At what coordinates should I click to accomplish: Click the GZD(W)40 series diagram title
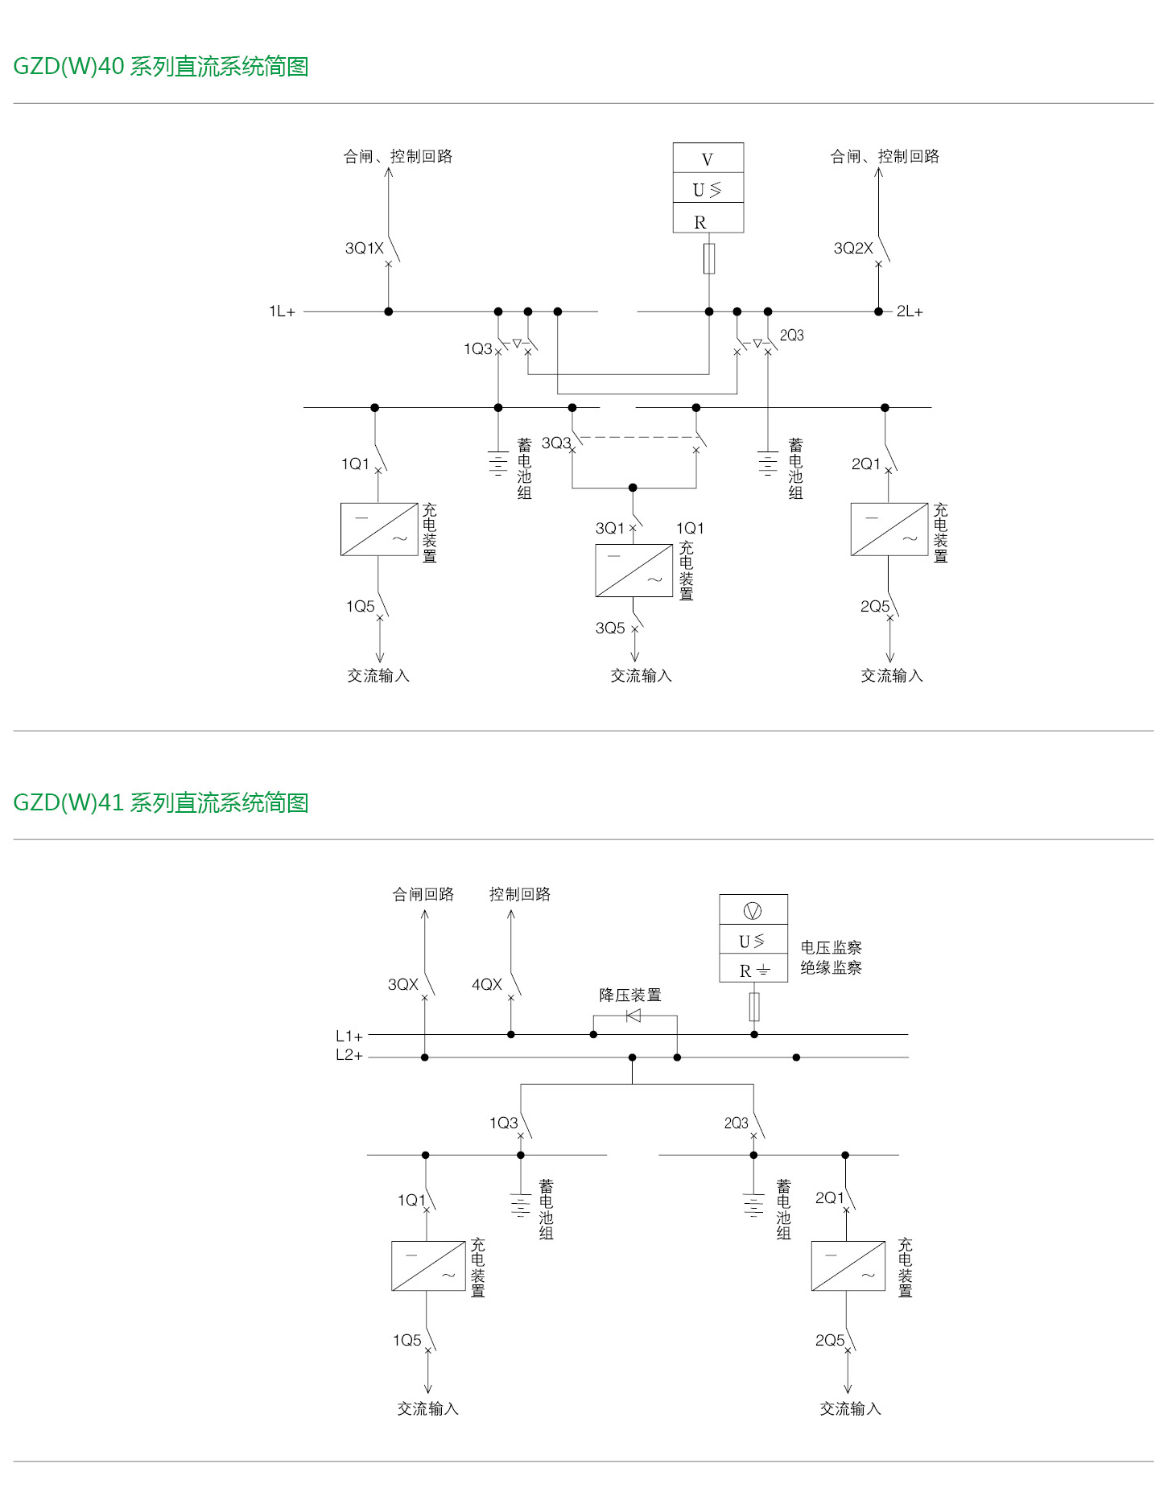(x=161, y=66)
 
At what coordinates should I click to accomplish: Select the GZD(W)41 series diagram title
(x=161, y=802)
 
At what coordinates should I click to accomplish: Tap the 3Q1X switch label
(x=364, y=248)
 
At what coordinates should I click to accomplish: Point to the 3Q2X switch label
(x=852, y=248)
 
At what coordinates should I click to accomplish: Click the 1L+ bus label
(x=282, y=311)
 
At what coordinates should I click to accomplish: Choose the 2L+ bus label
(x=910, y=311)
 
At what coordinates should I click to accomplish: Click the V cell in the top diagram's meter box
(x=708, y=159)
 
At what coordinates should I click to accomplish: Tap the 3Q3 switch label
(x=555, y=443)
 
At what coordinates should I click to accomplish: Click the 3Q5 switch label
(x=609, y=628)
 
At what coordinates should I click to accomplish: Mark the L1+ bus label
(x=349, y=1036)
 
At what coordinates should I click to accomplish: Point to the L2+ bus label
(x=349, y=1055)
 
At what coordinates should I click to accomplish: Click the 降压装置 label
(x=629, y=995)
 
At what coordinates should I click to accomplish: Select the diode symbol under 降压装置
(x=633, y=1016)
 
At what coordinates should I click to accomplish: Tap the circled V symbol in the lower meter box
(x=753, y=910)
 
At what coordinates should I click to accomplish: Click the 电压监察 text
(x=831, y=947)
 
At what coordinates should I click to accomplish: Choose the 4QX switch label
(x=486, y=984)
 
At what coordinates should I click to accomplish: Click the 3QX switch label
(x=402, y=984)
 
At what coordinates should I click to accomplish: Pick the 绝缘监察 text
(x=831, y=967)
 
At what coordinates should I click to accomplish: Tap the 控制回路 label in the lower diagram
(x=519, y=894)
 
